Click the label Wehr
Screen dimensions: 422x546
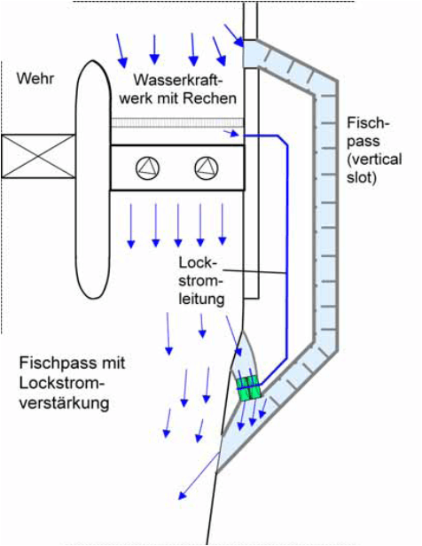point(35,78)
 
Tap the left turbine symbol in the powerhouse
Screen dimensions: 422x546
point(148,168)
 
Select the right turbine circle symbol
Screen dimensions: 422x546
point(207,168)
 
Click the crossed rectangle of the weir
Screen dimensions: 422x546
point(38,156)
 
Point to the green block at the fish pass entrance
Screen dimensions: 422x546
point(249,387)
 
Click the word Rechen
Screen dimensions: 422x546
point(209,98)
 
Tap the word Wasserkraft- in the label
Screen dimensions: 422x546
point(178,80)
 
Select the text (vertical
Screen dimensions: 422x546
point(374,160)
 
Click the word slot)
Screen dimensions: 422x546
point(362,177)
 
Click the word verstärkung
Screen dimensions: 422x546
point(65,403)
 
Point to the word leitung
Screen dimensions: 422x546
point(201,299)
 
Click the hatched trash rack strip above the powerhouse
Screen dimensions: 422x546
point(177,122)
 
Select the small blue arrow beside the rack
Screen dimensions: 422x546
point(231,133)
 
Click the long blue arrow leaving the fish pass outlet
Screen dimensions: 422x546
point(199,476)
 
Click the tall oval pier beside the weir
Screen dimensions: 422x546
point(93,179)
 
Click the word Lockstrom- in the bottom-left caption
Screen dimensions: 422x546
point(62,383)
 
